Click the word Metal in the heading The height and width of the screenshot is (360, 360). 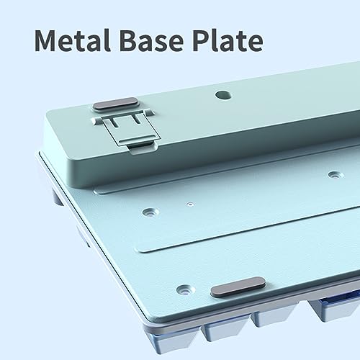click(73, 40)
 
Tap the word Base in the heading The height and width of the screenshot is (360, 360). click(151, 40)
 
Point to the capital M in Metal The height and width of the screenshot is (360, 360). click(47, 40)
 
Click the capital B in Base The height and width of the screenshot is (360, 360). click(128, 40)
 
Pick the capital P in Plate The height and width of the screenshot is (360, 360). click(202, 40)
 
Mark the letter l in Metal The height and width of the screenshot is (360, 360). click(108, 40)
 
